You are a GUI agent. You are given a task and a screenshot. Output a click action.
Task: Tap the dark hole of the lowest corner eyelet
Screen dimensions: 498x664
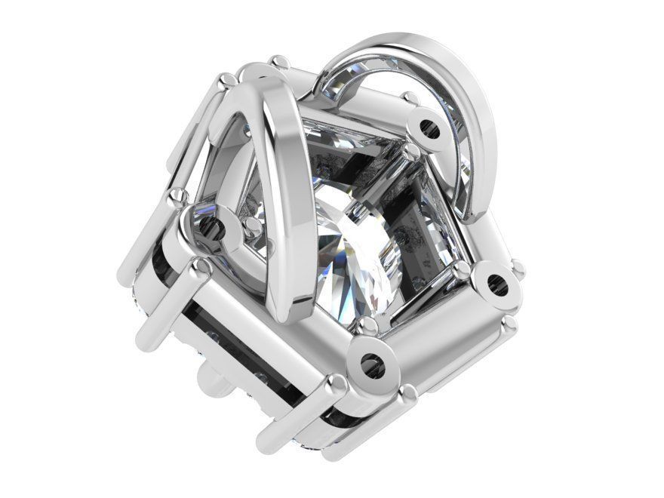[371, 364]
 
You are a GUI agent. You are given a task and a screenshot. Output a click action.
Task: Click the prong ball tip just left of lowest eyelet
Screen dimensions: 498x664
[337, 386]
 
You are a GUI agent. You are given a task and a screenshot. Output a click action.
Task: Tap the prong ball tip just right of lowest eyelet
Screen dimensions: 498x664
[408, 392]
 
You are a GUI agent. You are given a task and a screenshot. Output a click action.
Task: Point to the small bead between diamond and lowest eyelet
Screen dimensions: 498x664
[367, 324]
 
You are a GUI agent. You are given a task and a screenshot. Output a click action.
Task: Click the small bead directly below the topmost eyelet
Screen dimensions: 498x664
[412, 155]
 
